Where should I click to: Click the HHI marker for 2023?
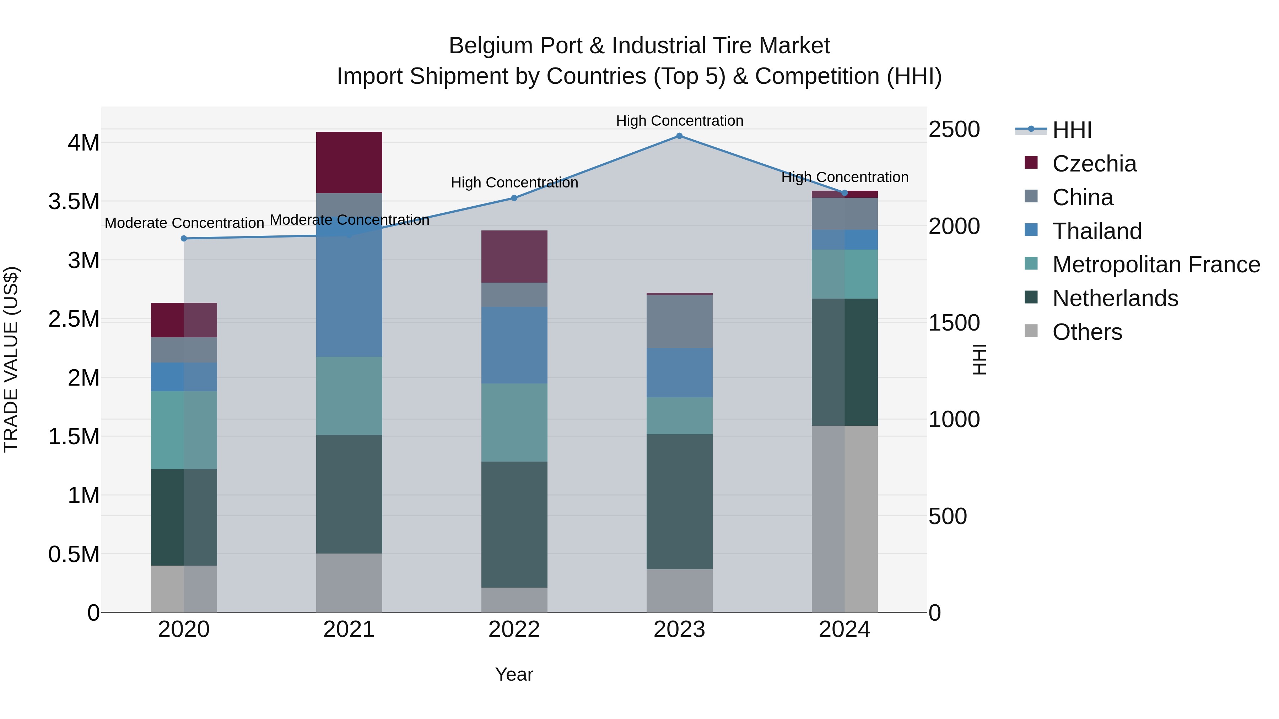click(x=679, y=136)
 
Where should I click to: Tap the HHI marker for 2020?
click(x=184, y=239)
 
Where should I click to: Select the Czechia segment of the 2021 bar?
click(x=349, y=162)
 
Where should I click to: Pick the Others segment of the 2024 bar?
click(x=844, y=518)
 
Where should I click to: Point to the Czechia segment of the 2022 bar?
click(x=514, y=257)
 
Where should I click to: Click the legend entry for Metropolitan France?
click(x=1156, y=265)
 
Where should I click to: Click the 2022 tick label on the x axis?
click(x=514, y=630)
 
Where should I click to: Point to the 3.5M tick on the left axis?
click(x=74, y=201)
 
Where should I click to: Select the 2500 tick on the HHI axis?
click(x=954, y=130)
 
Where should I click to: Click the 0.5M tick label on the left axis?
click(x=74, y=554)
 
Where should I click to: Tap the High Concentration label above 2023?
click(x=679, y=121)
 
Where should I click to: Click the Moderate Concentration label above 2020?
click(x=184, y=223)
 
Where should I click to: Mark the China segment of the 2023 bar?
click(x=679, y=322)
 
